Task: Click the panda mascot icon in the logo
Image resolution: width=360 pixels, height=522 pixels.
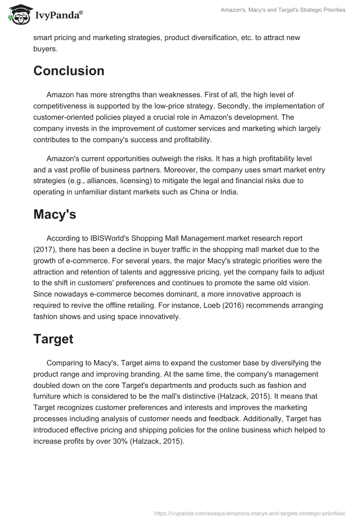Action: point(18,15)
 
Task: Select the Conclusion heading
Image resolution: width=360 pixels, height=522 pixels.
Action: point(69,71)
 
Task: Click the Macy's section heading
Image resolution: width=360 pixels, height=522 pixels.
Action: point(54,215)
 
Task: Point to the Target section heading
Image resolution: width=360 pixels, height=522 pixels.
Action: point(53,339)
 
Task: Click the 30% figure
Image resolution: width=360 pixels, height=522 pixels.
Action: point(117,441)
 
